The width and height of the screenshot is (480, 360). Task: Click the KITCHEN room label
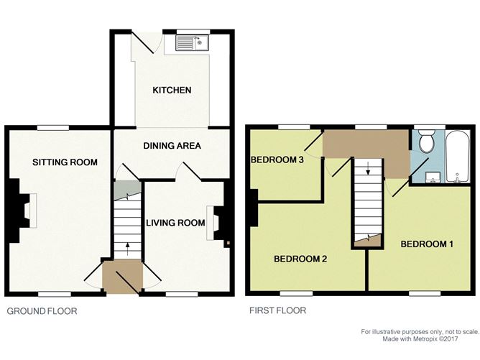pyautogui.click(x=172, y=90)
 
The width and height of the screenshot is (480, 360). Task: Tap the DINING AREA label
pyautogui.click(x=172, y=146)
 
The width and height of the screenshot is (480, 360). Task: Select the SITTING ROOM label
pyautogui.click(x=65, y=162)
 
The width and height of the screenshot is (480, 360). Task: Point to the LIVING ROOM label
pyautogui.click(x=177, y=223)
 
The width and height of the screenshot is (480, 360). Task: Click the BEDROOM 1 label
pyautogui.click(x=427, y=244)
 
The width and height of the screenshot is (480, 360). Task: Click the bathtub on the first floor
pyautogui.click(x=456, y=156)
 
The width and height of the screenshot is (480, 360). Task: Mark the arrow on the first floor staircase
pyautogui.click(x=369, y=170)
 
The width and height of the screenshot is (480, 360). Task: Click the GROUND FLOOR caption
pyautogui.click(x=42, y=311)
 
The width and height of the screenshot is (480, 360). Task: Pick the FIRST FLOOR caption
pyautogui.click(x=276, y=311)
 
